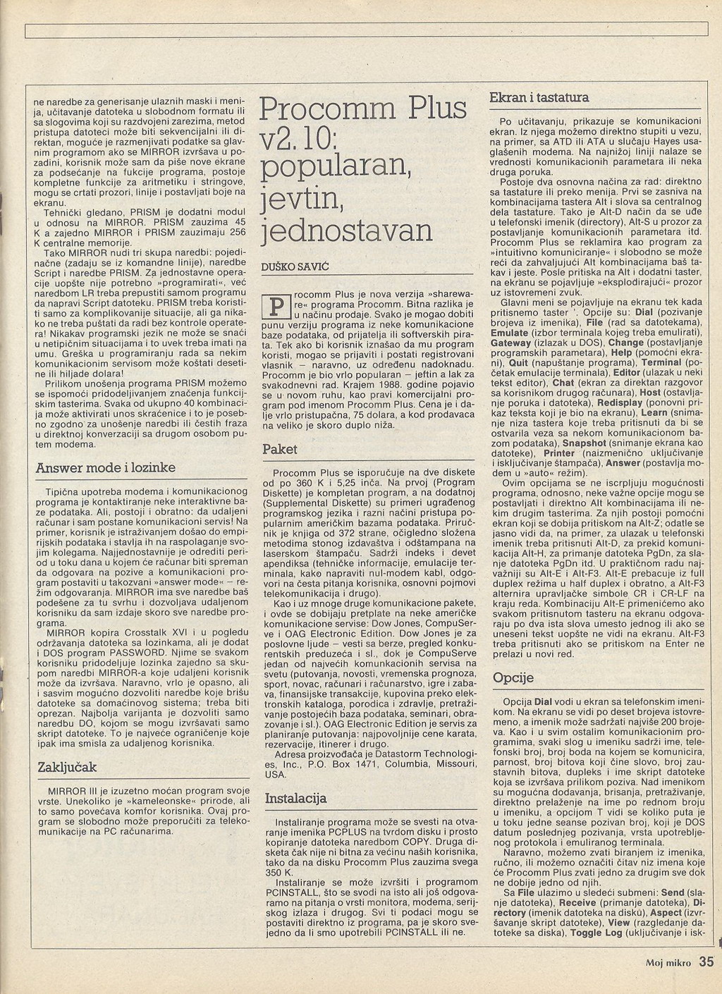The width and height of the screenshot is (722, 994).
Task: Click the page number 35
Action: [x=707, y=962]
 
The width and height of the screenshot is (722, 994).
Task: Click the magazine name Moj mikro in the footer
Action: [x=670, y=962]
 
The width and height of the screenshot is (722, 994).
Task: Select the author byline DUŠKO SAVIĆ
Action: [x=290, y=267]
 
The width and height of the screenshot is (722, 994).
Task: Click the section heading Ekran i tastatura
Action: [x=539, y=97]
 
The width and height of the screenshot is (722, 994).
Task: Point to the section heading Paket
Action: [x=280, y=449]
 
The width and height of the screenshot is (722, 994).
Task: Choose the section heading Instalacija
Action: [x=295, y=799]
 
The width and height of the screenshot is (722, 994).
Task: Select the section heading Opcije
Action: [x=513, y=677]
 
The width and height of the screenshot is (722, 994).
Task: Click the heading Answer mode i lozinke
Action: [x=105, y=467]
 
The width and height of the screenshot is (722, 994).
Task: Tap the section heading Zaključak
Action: [x=67, y=767]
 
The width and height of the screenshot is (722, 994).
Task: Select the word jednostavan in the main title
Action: [x=345, y=231]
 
